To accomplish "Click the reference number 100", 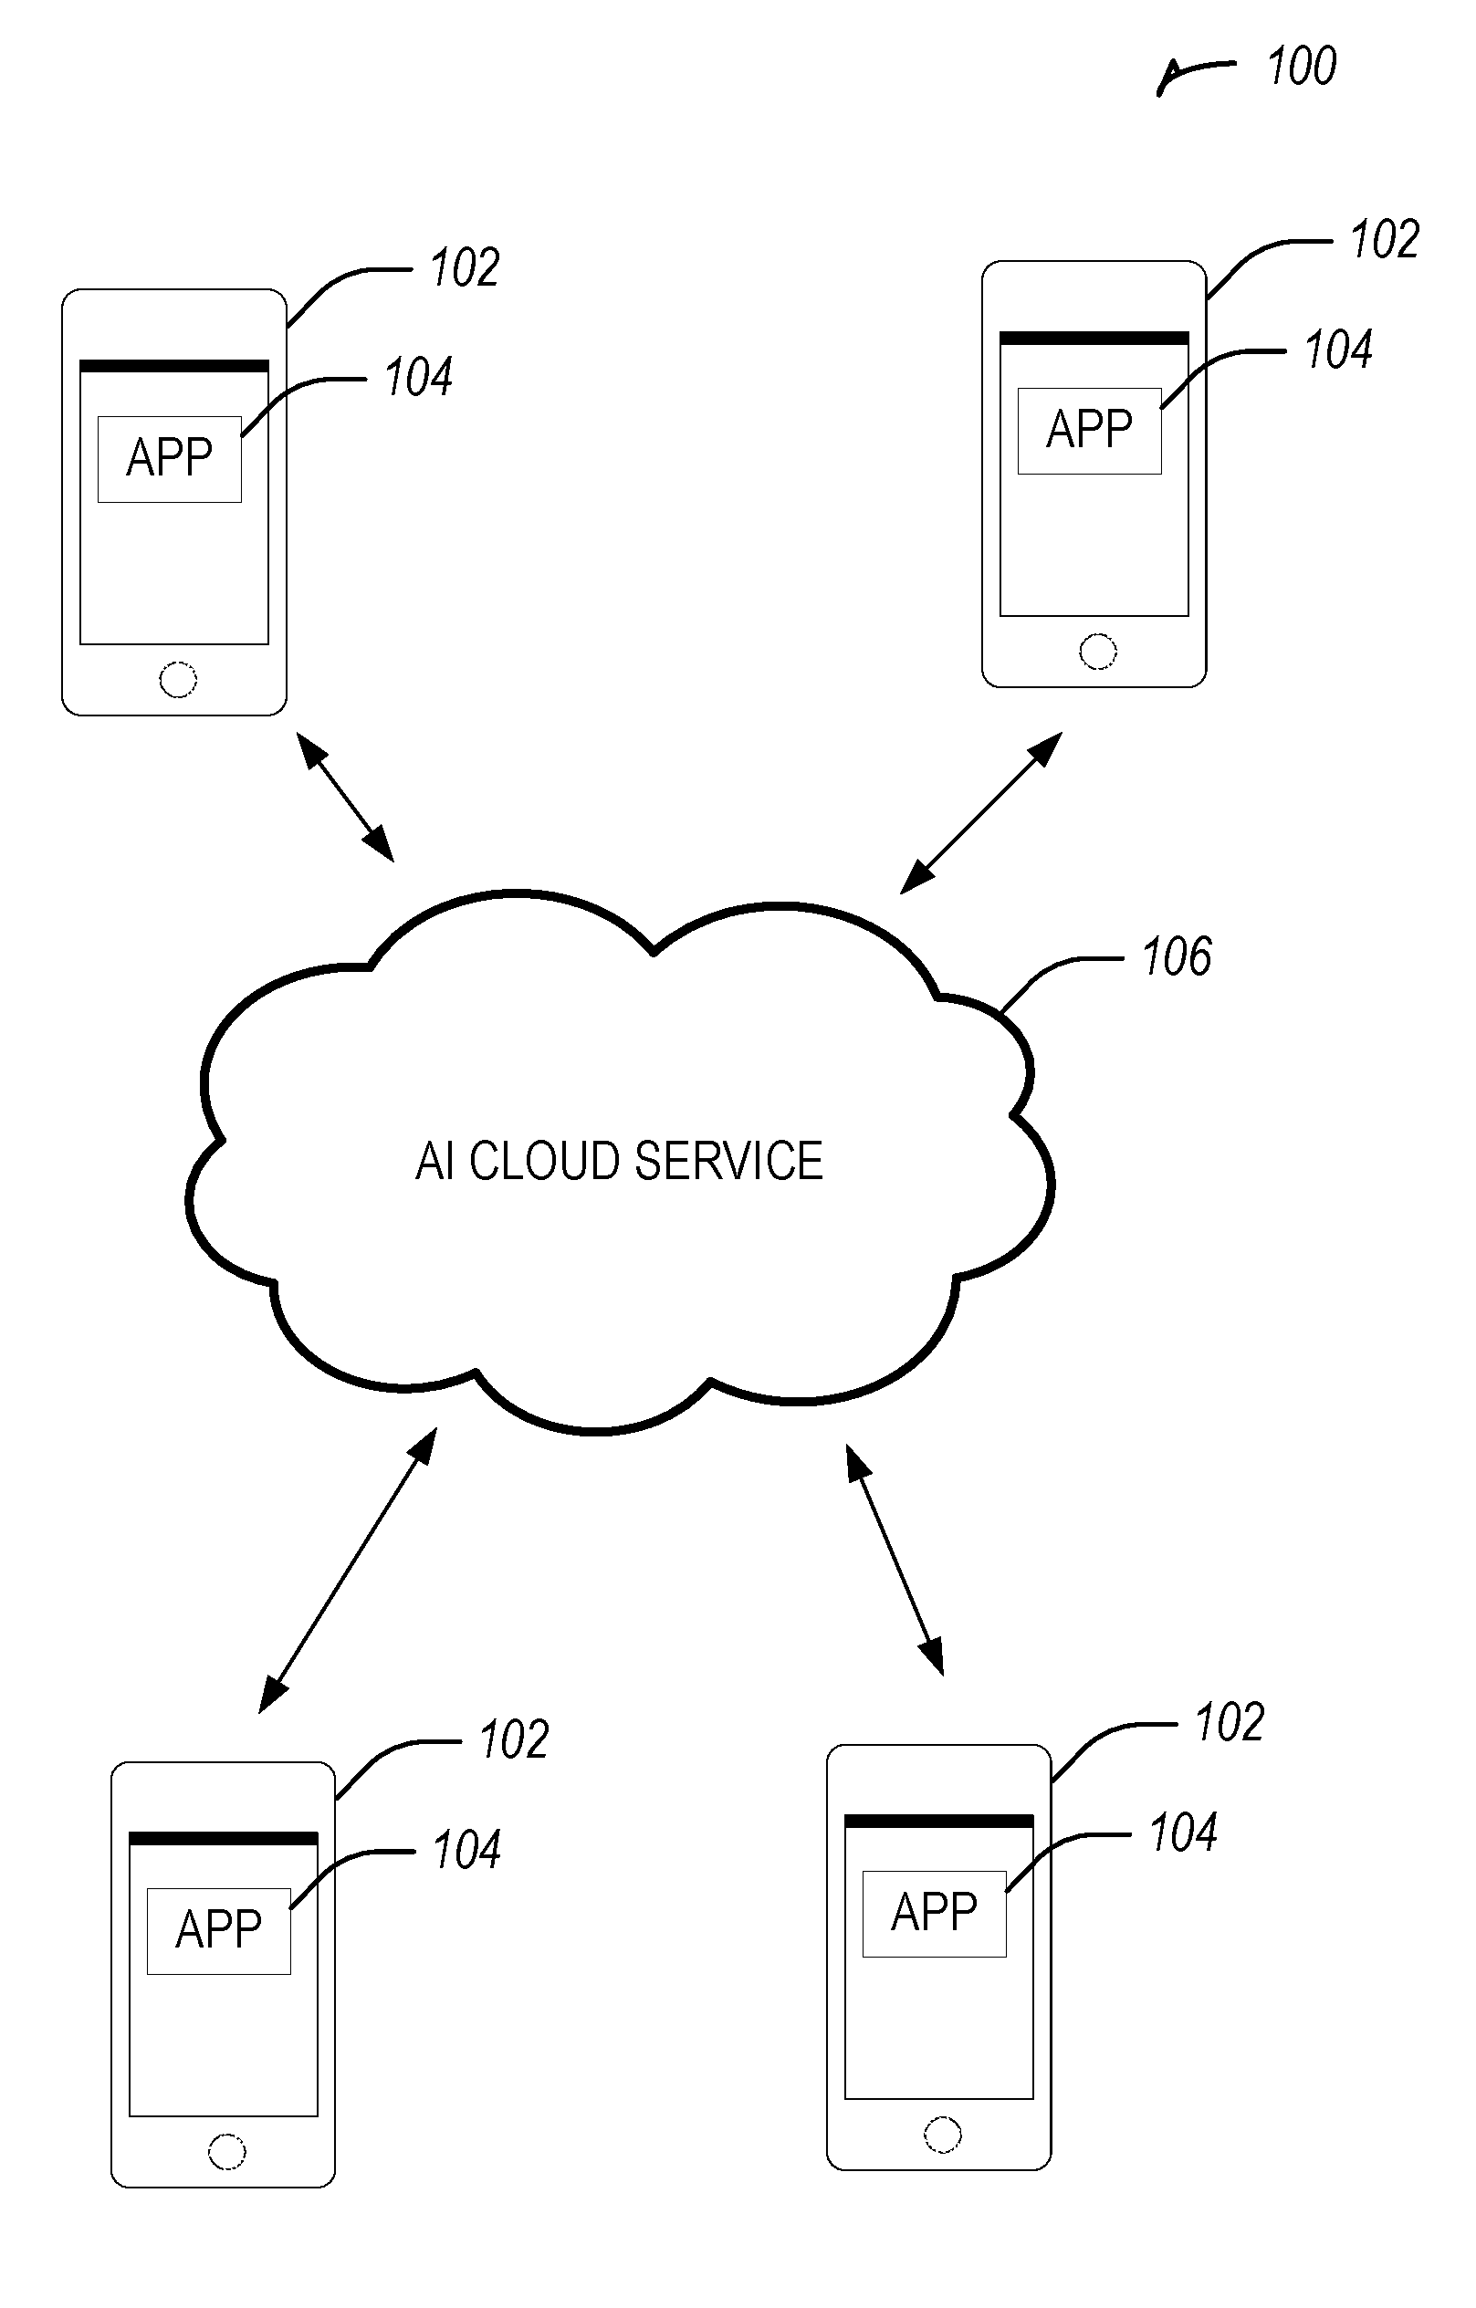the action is pos(1302,66).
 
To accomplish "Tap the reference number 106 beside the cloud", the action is pos(1177,956).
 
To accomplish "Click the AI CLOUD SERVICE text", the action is pos(619,1161).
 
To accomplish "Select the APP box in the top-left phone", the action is pos(170,459).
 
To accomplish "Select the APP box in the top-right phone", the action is pos(1090,431).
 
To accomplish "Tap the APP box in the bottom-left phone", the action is pos(218,1931).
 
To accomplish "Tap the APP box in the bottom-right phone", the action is pos(935,1914).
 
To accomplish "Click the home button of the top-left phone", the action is pos(177,680).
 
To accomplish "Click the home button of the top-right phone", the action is pos(1097,652).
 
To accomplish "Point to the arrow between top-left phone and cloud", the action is pos(345,798).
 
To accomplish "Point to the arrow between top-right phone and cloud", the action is pos(981,813).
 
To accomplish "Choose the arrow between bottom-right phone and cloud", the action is pos(895,1560).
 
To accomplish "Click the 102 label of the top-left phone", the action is pos(465,267).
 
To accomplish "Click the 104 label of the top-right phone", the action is pos(1339,349).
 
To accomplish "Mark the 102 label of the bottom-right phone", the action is pos(1230,1722).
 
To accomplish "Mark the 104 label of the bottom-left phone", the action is pos(466,1850).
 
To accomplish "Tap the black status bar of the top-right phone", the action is pos(1094,339).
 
